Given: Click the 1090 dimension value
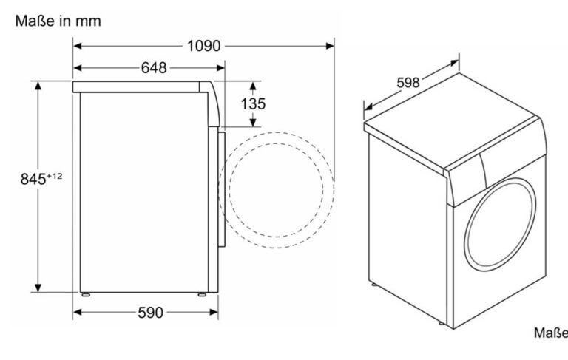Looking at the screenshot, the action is coord(203,46).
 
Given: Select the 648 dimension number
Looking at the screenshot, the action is coord(154,68).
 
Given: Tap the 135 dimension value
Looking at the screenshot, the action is coord(253,104).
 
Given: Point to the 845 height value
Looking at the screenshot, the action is coord(33,180).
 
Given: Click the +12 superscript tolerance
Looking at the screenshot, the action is coord(54,177).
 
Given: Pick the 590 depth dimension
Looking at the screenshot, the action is coord(151,313).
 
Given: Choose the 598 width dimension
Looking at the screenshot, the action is coord(408,83).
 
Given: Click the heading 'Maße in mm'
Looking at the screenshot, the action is coord(58,21).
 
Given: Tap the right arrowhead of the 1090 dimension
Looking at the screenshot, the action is coord(330,46).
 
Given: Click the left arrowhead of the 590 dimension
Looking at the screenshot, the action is coord(77,312).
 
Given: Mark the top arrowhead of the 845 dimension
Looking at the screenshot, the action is coord(38,86).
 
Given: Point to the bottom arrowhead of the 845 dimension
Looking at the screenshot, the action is coord(38,288).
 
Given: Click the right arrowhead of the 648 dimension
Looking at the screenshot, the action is coord(220,68).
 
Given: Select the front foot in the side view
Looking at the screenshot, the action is coord(202,294).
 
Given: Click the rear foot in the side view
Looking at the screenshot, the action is coord(86,294).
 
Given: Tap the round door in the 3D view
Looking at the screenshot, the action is coord(500,224).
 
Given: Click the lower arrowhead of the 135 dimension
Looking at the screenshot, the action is coord(253,123).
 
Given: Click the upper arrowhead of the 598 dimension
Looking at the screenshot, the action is coord(454,63).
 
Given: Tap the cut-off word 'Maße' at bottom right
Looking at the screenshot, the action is coord(551,333).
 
